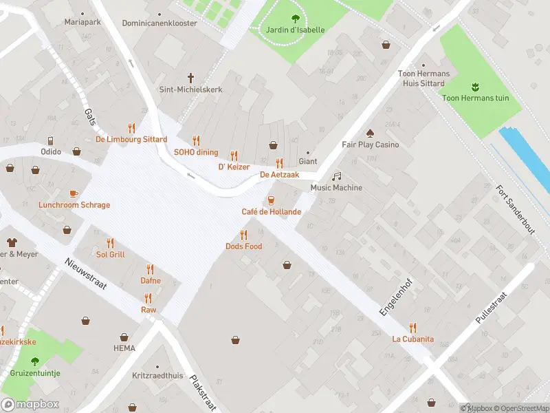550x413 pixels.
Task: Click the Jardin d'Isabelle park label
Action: (x=295, y=30)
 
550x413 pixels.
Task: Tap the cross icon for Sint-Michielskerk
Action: (x=192, y=78)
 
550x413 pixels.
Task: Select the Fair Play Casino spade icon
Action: (x=370, y=133)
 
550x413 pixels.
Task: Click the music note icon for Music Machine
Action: (x=336, y=176)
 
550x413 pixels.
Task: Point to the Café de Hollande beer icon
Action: (x=271, y=200)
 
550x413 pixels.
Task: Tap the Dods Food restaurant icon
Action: (x=243, y=235)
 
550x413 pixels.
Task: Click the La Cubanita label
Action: (x=412, y=339)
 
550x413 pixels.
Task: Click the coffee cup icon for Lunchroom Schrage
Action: (x=74, y=193)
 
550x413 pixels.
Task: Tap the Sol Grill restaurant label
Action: (x=110, y=255)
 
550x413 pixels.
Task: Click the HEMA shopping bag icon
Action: (x=124, y=337)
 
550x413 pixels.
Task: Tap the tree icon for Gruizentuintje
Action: (x=35, y=361)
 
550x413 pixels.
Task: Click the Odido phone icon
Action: (x=51, y=140)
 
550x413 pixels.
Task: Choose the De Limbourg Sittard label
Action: (x=131, y=139)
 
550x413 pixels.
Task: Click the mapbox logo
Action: (x=30, y=405)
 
